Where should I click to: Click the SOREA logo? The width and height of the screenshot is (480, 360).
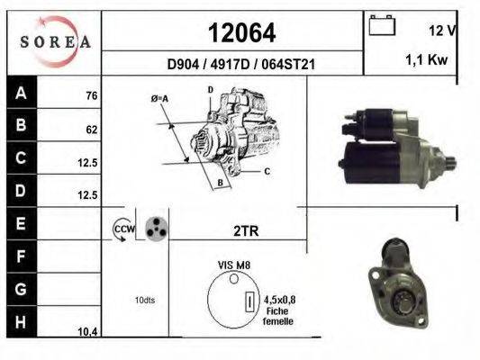coord(55,41)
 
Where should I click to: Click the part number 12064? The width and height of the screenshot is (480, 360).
coord(242,32)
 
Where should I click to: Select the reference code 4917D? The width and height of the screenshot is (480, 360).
coord(230,64)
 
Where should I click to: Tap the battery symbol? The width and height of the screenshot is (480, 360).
coord(382,25)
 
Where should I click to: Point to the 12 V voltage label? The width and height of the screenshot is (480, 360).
coord(442,31)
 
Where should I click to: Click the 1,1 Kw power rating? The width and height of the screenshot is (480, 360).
coord(427,59)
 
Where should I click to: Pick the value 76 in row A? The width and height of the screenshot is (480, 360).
coord(92,95)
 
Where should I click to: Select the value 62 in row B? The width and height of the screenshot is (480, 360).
coord(92,130)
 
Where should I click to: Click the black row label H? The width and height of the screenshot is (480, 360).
coord(22,322)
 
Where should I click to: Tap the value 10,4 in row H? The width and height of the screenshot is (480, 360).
coord(88,331)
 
